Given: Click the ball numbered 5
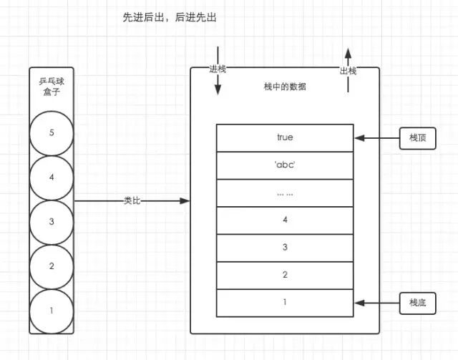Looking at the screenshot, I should point(52,132).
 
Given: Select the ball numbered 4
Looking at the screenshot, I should point(52,177).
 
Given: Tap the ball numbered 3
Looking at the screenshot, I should point(52,221).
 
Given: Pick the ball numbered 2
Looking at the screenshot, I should point(52,266).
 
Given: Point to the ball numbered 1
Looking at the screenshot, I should point(52,310).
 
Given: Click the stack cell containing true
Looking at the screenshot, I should point(285,137).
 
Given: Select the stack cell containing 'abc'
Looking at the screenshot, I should point(285,165).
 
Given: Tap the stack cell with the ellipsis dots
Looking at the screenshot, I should point(285,193).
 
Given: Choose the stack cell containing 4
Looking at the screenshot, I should point(285,220).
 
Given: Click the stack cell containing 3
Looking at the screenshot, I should point(285,247).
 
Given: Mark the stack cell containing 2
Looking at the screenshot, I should point(285,275).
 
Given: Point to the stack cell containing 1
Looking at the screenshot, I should point(285,302).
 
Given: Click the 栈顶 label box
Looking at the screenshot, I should point(417,138).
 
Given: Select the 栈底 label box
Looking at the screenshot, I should point(417,303).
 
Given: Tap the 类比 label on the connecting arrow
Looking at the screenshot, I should point(132,201).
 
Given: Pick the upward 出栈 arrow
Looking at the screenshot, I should point(348,72).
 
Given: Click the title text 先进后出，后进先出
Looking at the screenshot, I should point(170,17).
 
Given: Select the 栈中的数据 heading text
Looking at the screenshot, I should point(285,87).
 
